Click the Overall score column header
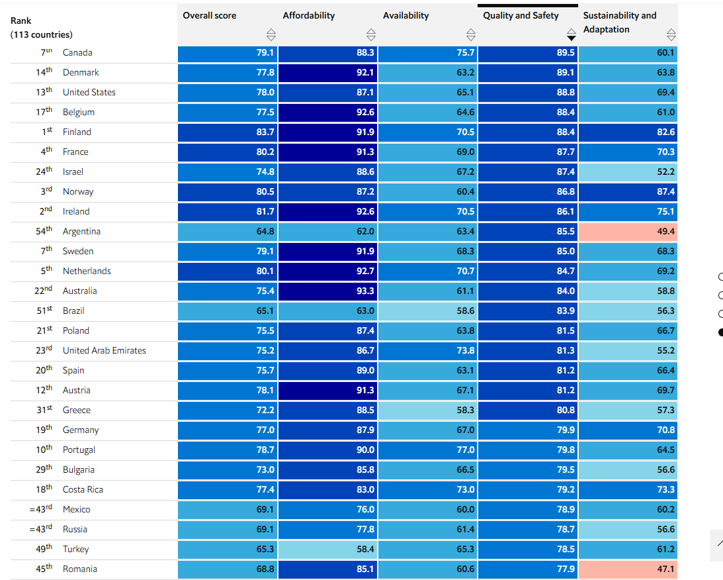[x=209, y=15]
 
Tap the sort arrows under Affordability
[x=370, y=34]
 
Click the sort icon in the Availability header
[x=471, y=34]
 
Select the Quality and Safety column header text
[x=521, y=15]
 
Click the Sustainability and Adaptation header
[x=619, y=22]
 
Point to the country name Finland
[x=77, y=132]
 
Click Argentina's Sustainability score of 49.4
[x=628, y=231]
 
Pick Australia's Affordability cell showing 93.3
[x=328, y=291]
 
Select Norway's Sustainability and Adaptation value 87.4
[x=628, y=191]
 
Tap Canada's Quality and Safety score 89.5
[x=527, y=52]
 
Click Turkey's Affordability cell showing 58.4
[x=328, y=549]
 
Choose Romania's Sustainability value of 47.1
[x=628, y=569]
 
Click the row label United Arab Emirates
[x=105, y=350]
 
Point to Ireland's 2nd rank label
[x=46, y=211]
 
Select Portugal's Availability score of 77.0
[x=428, y=450]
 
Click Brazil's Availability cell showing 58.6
[x=428, y=311]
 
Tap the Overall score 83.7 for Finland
[x=228, y=132]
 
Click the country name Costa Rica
[x=83, y=489]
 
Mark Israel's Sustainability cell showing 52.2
[x=628, y=171]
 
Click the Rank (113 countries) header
[x=42, y=28]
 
